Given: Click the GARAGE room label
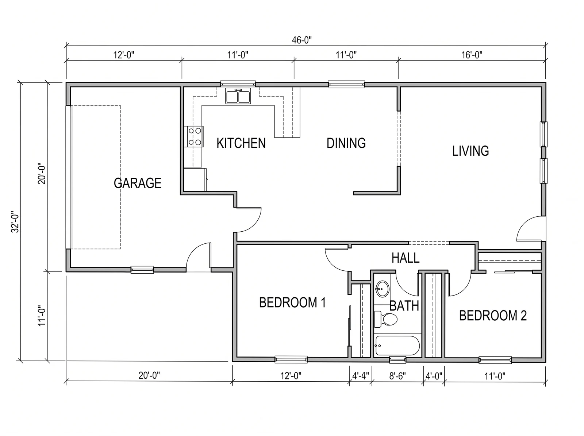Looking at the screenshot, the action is [x=138, y=183].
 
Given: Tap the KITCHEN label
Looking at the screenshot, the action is [x=241, y=143].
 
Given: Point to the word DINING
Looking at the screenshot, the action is [x=346, y=143].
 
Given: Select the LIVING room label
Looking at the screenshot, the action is [x=470, y=151].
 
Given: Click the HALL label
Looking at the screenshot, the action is [x=406, y=258].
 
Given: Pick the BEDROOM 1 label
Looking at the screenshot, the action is [x=292, y=302].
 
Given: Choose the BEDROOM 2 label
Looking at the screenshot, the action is [x=493, y=316].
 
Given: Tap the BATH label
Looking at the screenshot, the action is [x=404, y=306].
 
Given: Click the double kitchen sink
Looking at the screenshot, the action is [x=238, y=96].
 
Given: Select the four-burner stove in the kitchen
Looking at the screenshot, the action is [x=194, y=137].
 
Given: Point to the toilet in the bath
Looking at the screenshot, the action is [x=385, y=319].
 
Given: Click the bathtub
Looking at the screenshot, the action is [x=397, y=346].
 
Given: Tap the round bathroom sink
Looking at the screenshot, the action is [x=382, y=289].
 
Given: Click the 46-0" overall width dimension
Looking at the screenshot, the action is [x=302, y=40].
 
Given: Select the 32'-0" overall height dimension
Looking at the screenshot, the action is [x=15, y=222].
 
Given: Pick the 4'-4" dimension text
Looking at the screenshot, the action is [x=361, y=376].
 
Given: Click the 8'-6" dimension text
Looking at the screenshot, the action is [x=397, y=376].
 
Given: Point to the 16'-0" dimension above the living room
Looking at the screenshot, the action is [x=472, y=55].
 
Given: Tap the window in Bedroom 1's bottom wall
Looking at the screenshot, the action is [x=291, y=360].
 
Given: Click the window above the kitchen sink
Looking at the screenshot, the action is [x=238, y=84].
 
